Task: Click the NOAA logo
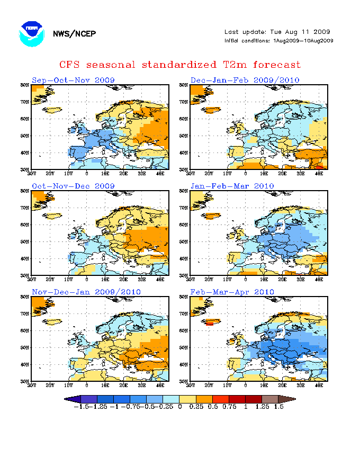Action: pos(31,33)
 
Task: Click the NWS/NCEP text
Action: pos(74,34)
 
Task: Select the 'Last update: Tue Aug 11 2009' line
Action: pos(278,32)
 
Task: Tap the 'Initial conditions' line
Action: pos(278,41)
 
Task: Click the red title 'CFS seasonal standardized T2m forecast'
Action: pos(180,65)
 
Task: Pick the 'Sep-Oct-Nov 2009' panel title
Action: pos(73,80)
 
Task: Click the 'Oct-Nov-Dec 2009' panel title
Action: pos(73,186)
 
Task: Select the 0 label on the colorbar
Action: pos(180,407)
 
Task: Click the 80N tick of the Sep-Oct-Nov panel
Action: pos(24,85)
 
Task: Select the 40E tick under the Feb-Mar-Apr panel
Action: pos(319,385)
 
